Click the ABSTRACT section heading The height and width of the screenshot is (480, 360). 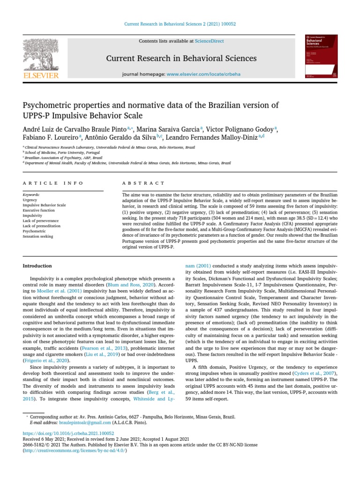pos(143,183)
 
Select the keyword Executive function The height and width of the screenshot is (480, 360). pos(39,210)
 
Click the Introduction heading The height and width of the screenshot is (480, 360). pos(37,266)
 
